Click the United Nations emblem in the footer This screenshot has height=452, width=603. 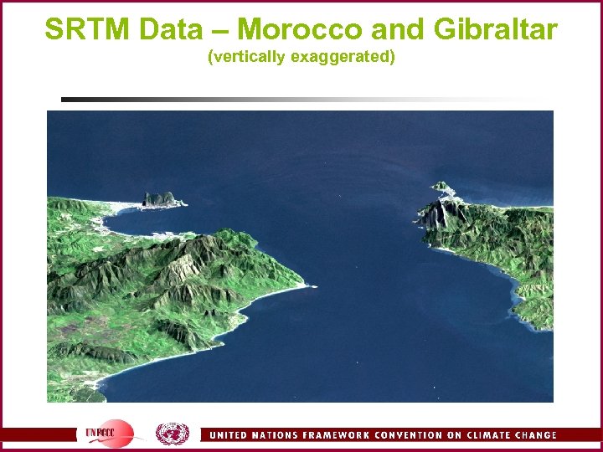(x=173, y=434)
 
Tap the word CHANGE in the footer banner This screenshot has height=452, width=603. (x=538, y=435)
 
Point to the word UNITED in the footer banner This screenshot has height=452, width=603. (x=229, y=435)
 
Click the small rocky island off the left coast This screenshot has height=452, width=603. (x=162, y=199)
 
